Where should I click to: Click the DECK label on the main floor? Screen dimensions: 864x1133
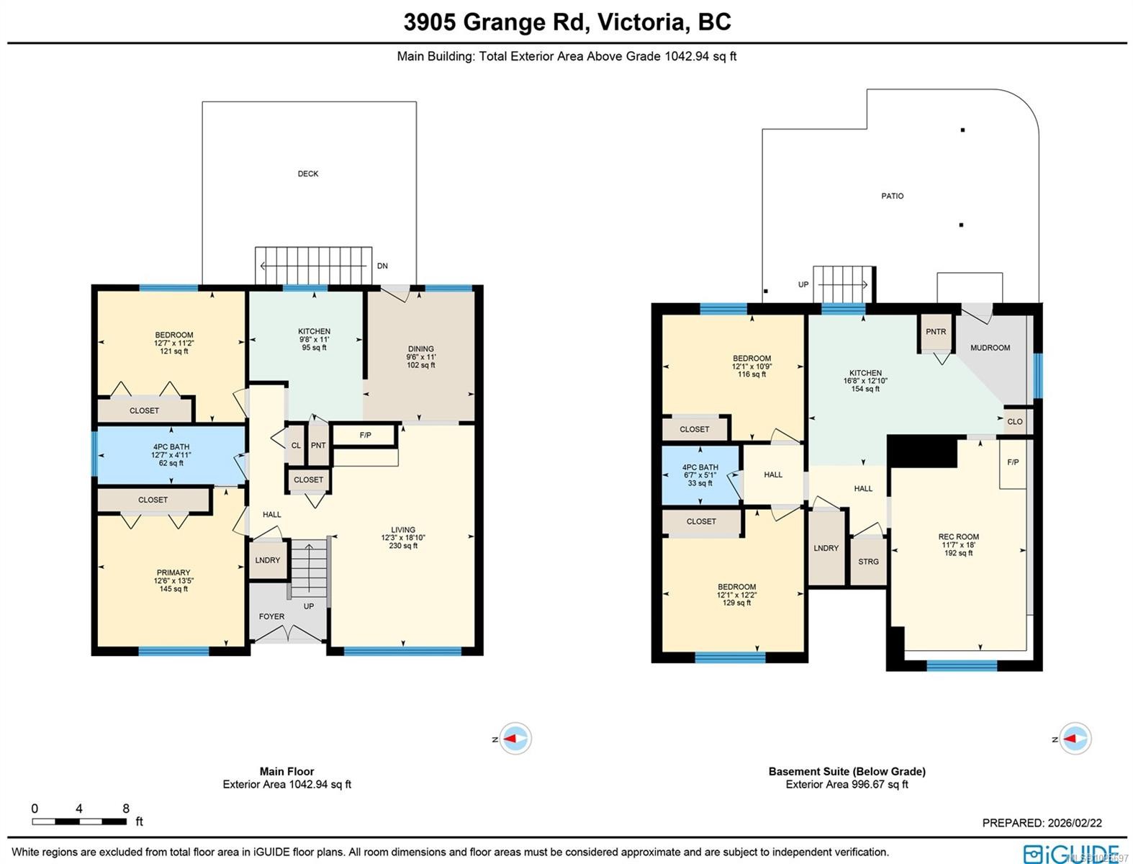point(308,174)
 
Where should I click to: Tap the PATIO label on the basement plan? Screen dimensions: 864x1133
point(892,196)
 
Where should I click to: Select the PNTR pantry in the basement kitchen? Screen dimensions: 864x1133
point(936,332)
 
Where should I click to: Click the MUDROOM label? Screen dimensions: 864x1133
point(990,348)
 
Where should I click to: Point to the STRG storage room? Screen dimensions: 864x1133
point(868,562)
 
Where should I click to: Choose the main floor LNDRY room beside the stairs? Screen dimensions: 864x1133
point(268,560)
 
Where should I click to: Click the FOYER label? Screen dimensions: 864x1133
point(271,616)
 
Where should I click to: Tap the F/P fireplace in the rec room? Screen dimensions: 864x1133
point(1013,462)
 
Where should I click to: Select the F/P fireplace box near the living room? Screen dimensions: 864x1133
point(365,436)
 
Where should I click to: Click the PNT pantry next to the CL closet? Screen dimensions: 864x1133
point(318,446)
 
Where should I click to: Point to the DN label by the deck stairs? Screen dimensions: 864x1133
point(382,266)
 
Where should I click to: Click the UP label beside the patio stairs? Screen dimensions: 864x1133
point(803,284)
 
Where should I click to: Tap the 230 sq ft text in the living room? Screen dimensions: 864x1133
point(403,546)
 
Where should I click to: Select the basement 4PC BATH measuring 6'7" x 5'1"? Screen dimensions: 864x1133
point(700,475)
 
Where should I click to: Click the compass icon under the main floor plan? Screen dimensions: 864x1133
point(516,739)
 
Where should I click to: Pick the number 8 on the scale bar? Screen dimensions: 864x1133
point(126,809)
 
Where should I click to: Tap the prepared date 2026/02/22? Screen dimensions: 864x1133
point(1075,823)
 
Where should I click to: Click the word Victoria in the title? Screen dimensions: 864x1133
point(641,22)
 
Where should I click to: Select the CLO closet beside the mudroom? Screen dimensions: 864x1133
point(1014,422)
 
